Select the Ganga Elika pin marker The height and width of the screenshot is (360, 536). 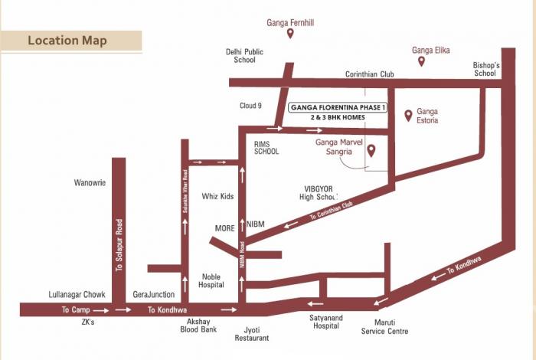[x=421, y=61]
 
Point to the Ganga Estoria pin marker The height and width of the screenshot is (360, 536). [x=408, y=116]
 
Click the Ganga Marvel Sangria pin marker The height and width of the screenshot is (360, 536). [x=371, y=150]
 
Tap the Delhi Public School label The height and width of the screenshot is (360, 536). [x=243, y=56]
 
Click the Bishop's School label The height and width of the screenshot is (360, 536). [x=485, y=70]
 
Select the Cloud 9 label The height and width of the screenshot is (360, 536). [x=250, y=106]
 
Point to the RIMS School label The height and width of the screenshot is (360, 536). [x=266, y=147]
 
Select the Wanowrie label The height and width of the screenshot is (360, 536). [x=89, y=183]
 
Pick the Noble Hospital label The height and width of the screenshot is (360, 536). [x=212, y=280]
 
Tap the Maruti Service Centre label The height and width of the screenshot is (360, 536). [x=385, y=327]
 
